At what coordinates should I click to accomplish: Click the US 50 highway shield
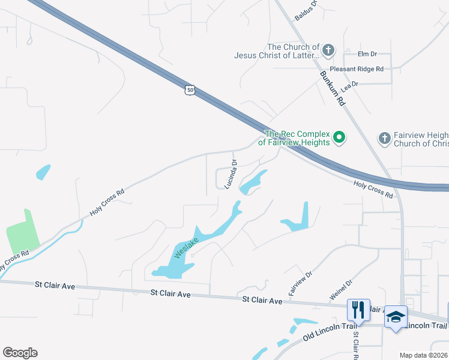click(x=190, y=90)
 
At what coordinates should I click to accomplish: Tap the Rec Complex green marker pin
click(x=339, y=137)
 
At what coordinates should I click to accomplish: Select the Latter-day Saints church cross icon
click(x=328, y=50)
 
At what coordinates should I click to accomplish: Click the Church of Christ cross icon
click(x=385, y=139)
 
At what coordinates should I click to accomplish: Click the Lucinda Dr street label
click(x=231, y=174)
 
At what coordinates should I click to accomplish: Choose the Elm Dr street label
click(x=367, y=54)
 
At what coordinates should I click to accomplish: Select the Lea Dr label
click(x=349, y=86)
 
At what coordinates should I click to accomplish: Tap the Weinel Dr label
click(x=340, y=290)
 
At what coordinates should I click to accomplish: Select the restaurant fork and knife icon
click(x=358, y=310)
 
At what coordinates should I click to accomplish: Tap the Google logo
click(x=20, y=353)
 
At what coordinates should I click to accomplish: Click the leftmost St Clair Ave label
click(x=55, y=286)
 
